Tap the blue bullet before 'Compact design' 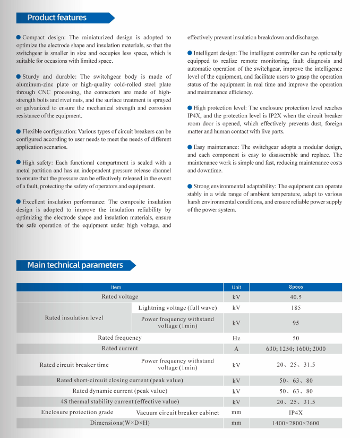point(19,38)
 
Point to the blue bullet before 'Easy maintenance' point(190,147)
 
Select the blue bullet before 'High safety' point(19,163)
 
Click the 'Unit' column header point(236,287)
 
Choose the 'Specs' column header point(296,287)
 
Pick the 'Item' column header point(116,287)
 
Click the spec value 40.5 point(296,297)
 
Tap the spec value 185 point(296,308)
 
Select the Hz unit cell point(236,338)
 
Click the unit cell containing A point(236,349)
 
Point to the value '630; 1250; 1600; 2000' point(296,349)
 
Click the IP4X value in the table point(296,412)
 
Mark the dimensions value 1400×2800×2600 point(296,423)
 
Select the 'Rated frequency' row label point(119,338)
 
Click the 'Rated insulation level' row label point(74,318)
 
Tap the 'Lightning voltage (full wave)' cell point(177,308)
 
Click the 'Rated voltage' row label point(119,297)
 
